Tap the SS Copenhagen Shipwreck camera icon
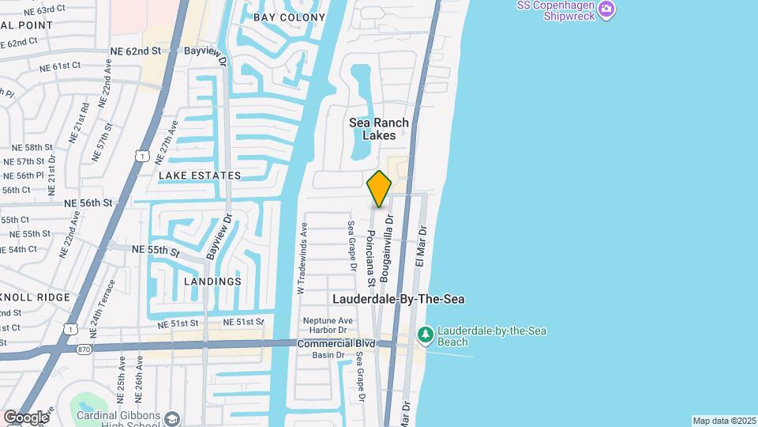click(x=606, y=9)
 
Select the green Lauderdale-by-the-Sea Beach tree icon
click(x=426, y=335)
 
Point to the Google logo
click(x=25, y=417)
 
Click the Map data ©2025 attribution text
click(x=724, y=421)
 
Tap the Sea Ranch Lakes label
click(x=379, y=129)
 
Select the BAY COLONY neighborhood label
click(x=289, y=17)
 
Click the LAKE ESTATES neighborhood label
click(x=199, y=176)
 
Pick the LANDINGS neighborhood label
click(x=212, y=282)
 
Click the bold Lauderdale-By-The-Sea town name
click(x=398, y=300)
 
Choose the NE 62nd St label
click(x=136, y=51)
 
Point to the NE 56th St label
click(x=89, y=203)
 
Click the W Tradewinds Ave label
click(x=301, y=259)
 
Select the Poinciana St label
click(x=370, y=258)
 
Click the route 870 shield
click(x=84, y=349)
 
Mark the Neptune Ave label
click(x=328, y=321)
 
